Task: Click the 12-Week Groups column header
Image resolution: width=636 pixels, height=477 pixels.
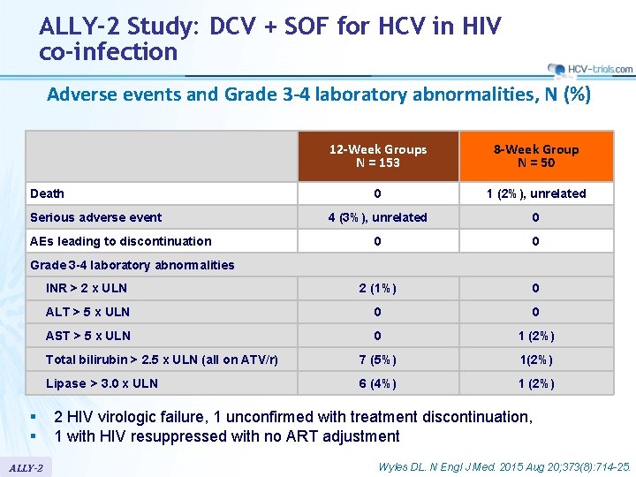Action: (x=377, y=156)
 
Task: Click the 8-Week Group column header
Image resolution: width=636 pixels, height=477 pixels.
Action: (x=536, y=156)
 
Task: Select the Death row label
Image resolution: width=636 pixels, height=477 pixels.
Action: (x=47, y=193)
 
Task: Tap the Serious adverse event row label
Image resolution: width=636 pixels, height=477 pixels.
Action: (x=95, y=217)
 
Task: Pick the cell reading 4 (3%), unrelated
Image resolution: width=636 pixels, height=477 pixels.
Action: (x=377, y=217)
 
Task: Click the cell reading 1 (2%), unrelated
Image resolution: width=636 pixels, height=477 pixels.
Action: (x=536, y=193)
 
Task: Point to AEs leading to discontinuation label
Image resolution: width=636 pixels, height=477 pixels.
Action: (x=120, y=241)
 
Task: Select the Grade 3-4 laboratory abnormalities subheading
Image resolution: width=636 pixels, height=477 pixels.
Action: (x=132, y=265)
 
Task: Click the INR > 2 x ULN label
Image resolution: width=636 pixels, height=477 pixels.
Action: (x=86, y=288)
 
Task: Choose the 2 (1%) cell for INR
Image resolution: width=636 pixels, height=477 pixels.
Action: (x=377, y=288)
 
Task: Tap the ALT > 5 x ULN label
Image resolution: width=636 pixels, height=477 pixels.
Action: (x=87, y=312)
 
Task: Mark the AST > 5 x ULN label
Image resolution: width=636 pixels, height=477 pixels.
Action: (x=87, y=336)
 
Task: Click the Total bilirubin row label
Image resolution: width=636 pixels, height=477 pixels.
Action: (x=161, y=360)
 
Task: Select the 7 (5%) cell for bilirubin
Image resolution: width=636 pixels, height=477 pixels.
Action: (x=377, y=360)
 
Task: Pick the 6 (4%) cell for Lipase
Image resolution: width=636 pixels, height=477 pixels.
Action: (x=377, y=383)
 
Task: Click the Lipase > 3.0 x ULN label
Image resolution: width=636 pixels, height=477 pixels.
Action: (x=101, y=383)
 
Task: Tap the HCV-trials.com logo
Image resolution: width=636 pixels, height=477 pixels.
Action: (x=589, y=69)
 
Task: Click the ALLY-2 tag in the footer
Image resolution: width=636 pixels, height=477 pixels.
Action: (x=26, y=466)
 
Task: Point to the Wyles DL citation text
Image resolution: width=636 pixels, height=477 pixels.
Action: (x=503, y=466)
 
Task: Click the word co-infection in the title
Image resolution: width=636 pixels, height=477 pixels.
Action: (x=108, y=51)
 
